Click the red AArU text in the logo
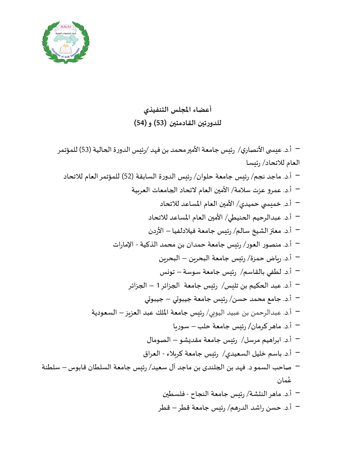point(66,27)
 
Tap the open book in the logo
point(66,50)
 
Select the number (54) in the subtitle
point(140,123)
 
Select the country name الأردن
point(156,231)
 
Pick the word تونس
point(167,272)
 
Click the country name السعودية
point(104,313)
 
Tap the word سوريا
point(181,326)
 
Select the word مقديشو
point(192,340)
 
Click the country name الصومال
point(159,340)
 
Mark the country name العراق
point(152,354)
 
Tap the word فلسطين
point(174,394)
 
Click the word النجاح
point(201,394)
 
